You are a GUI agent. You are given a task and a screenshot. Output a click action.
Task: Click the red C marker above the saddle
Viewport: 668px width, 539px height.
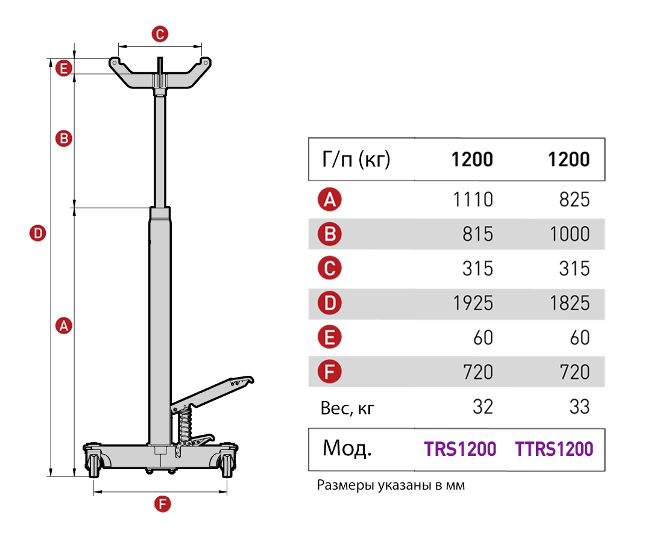(x=160, y=34)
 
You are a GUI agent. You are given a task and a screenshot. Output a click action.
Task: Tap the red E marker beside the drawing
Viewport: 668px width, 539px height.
(x=64, y=68)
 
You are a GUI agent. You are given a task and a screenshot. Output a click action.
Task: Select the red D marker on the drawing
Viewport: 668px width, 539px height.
(x=37, y=233)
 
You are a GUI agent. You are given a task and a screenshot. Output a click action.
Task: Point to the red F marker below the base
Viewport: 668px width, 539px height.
(x=162, y=505)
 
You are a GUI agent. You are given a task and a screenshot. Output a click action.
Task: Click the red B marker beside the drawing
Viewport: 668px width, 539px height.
(x=64, y=139)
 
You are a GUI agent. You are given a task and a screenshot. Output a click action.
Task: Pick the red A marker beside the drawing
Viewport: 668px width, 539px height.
(x=64, y=326)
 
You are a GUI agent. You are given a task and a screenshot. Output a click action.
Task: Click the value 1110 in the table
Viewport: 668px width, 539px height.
(x=473, y=199)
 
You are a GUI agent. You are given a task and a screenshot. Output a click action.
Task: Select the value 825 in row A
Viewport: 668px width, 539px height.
(x=575, y=199)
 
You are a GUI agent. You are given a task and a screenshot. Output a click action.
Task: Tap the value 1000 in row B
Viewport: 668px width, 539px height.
(x=570, y=234)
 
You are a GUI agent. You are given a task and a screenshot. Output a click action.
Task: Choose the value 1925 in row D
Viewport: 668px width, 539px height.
(x=473, y=304)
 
